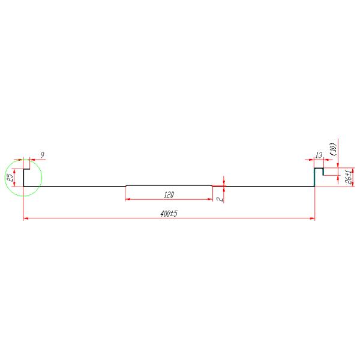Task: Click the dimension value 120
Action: click(169, 194)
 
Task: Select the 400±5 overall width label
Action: click(170, 214)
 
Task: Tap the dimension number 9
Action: click(42, 155)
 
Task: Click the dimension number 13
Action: click(318, 155)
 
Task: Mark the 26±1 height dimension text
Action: click(349, 178)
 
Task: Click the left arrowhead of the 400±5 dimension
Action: click(25, 218)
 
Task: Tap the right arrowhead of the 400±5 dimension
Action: click(313, 218)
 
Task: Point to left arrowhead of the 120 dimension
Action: click(127, 199)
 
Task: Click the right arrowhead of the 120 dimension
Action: click(211, 199)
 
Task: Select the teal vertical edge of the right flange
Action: click(316, 178)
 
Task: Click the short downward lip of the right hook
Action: click(323, 172)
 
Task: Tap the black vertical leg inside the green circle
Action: click(23, 178)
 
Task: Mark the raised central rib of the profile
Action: click(169, 185)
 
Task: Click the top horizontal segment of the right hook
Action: click(319, 169)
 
